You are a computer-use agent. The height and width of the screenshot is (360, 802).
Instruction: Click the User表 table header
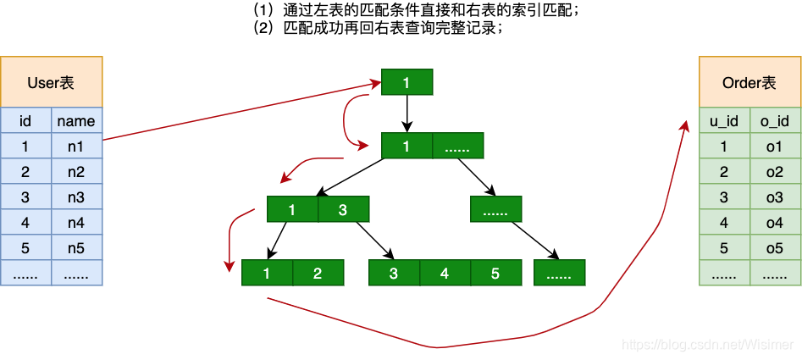(51, 82)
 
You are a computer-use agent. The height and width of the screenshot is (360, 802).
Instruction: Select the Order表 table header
(749, 82)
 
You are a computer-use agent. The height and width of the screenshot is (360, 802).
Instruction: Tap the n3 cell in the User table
(76, 197)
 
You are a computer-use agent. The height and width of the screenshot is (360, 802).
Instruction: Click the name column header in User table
(76, 121)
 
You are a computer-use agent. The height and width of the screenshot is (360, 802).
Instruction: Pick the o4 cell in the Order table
(775, 223)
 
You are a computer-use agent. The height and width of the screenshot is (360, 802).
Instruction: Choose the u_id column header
(724, 121)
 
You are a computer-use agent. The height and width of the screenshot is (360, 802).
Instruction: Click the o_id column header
(775, 121)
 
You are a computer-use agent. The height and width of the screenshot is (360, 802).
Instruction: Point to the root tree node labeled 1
(407, 82)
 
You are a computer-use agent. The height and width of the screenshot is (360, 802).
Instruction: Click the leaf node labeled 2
(318, 273)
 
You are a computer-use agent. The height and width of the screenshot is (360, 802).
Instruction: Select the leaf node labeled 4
(445, 273)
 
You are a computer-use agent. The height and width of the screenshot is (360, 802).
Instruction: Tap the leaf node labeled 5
(495, 273)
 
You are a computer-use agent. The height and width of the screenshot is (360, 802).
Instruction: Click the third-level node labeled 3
(343, 209)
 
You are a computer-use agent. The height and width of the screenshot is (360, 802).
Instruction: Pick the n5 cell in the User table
(76, 248)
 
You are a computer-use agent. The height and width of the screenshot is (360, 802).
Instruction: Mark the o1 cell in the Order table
(775, 147)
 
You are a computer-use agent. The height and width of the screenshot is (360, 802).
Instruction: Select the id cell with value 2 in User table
(25, 172)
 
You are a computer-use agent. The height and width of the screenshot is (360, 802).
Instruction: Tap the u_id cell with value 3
(724, 197)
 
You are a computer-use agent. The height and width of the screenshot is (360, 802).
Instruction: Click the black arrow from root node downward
(407, 113)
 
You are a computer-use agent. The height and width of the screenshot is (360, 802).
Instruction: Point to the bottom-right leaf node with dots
(559, 273)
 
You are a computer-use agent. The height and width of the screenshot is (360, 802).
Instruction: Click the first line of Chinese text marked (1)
(415, 11)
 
